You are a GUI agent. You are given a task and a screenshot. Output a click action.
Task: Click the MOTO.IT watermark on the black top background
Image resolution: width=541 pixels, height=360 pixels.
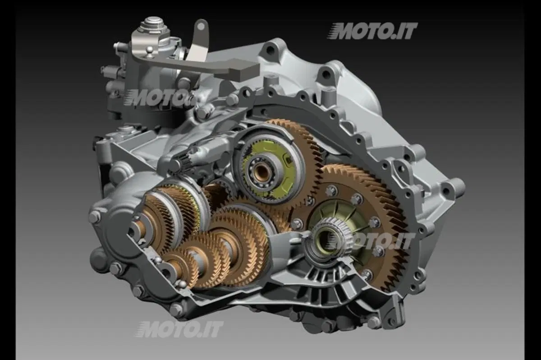(x=372, y=31)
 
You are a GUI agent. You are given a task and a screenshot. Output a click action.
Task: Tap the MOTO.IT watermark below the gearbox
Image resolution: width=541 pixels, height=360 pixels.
(x=179, y=329)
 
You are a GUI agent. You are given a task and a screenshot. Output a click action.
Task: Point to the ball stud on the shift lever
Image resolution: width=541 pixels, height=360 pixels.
(x=150, y=51)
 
